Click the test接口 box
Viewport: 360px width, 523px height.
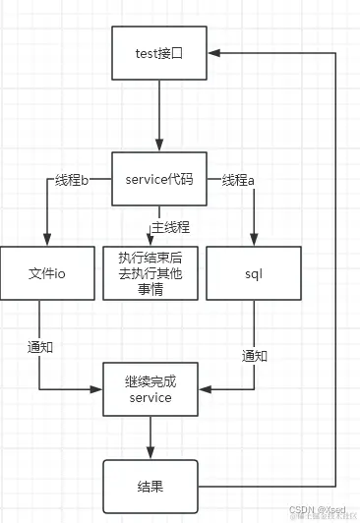tap(158, 55)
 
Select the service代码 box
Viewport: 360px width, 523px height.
tap(158, 178)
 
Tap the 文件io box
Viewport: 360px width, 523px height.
tap(39, 272)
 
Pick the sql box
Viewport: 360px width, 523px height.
tap(254, 272)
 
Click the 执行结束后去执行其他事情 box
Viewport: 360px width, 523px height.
tap(150, 272)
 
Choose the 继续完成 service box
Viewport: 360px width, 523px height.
tap(150, 389)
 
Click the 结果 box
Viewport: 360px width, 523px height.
tap(150, 485)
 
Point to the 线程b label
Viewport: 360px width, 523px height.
tap(67, 180)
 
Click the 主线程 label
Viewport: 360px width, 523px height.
tap(170, 228)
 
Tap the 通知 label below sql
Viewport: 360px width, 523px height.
tap(255, 355)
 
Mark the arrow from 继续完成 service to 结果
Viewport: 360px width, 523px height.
tap(150, 436)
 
